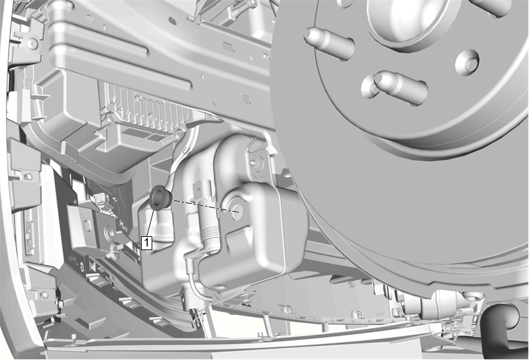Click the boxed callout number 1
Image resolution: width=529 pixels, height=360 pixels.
click(x=147, y=243)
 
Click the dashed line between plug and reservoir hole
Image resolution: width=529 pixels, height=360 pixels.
click(x=206, y=206)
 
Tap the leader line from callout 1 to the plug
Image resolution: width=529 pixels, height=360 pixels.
click(x=151, y=222)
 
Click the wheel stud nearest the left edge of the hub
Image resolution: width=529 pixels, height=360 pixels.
click(x=329, y=42)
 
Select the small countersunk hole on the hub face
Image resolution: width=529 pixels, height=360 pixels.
click(x=467, y=63)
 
